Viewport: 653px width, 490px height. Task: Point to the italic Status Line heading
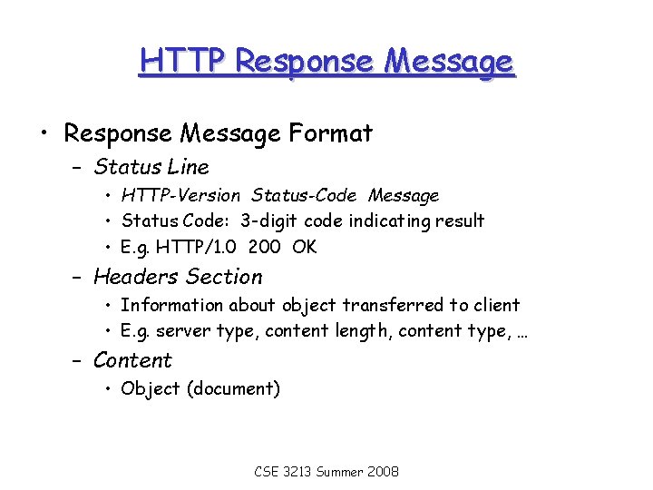point(151,167)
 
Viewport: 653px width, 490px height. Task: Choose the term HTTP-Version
point(180,196)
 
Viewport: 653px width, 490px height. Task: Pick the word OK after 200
point(305,247)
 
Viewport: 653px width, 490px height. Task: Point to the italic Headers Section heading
point(178,277)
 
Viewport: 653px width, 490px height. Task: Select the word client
point(495,306)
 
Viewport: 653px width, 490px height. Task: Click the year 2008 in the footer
point(382,472)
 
